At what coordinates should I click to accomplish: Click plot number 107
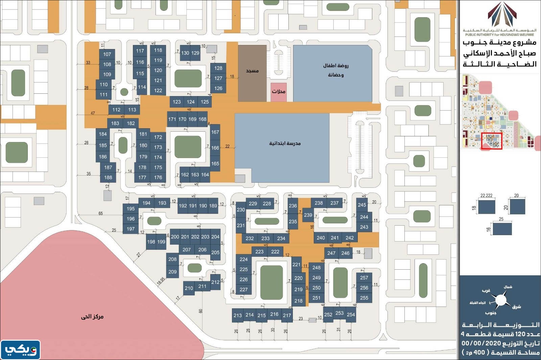[x=107, y=54]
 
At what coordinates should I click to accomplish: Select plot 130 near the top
[x=185, y=53]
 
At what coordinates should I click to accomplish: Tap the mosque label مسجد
[x=252, y=71]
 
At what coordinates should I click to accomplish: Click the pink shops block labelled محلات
[x=279, y=92]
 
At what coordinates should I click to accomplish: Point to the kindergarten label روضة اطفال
[x=335, y=66]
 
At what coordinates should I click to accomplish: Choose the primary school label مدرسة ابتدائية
[x=285, y=143]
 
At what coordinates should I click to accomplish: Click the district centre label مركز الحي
[x=92, y=317]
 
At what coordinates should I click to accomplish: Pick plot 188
[x=108, y=177]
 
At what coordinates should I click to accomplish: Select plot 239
[x=308, y=215]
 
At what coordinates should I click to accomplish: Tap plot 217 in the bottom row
[x=287, y=315]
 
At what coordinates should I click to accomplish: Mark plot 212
[x=215, y=282]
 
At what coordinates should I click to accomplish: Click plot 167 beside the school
[x=215, y=132]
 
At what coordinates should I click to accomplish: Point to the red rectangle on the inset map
[x=492, y=141]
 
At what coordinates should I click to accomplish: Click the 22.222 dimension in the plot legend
[x=486, y=196]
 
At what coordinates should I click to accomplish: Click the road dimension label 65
[x=100, y=213]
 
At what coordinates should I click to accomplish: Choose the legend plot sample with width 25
[x=502, y=229]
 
